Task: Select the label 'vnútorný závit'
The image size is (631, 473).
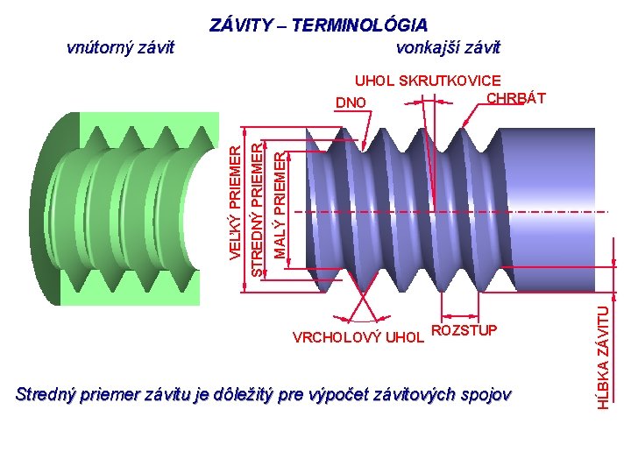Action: point(120,47)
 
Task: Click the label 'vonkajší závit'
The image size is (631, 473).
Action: point(448,47)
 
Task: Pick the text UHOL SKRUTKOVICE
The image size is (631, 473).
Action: point(427,81)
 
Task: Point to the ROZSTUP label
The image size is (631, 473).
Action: point(464,330)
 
